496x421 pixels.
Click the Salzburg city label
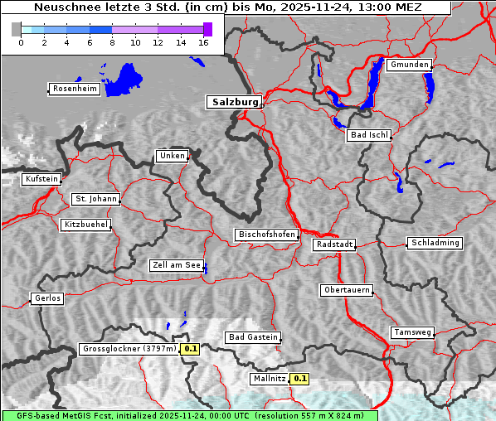(x=233, y=102)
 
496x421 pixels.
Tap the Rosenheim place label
(x=74, y=89)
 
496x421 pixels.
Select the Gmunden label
(x=409, y=65)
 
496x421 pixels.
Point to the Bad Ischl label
(x=368, y=135)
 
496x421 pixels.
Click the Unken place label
(x=171, y=156)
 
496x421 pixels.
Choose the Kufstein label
(x=41, y=179)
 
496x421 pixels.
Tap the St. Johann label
(x=95, y=199)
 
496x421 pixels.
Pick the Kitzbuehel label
(x=85, y=225)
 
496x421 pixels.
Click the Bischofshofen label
(x=266, y=235)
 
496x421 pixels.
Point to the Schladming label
(x=434, y=243)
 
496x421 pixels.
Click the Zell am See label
(x=176, y=265)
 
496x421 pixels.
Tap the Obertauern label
(x=346, y=290)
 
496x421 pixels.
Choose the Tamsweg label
(x=411, y=332)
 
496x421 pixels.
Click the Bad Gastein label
(x=252, y=337)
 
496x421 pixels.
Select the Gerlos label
(x=46, y=298)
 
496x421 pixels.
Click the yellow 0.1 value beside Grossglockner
(x=191, y=349)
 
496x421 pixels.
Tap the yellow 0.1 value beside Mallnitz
(x=300, y=379)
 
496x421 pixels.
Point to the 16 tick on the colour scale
(x=202, y=42)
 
